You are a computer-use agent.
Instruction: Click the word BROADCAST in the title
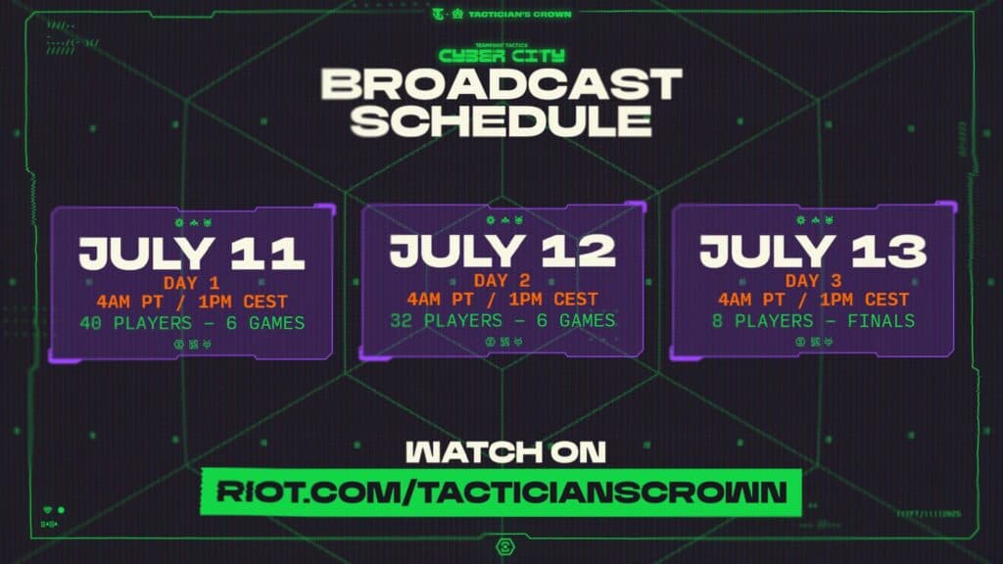pyautogui.click(x=501, y=84)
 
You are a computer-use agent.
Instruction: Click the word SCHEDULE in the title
pyautogui.click(x=501, y=120)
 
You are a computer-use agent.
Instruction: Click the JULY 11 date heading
pyautogui.click(x=192, y=253)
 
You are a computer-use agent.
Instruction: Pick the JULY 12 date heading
pyautogui.click(x=501, y=251)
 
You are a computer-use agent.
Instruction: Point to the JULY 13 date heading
pyautogui.click(x=812, y=253)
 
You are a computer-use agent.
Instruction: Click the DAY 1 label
pyautogui.click(x=192, y=281)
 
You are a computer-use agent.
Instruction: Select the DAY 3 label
pyautogui.click(x=812, y=281)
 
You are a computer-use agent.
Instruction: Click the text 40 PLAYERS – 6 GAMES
pyautogui.click(x=192, y=321)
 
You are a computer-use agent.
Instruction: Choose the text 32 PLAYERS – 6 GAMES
pyautogui.click(x=501, y=320)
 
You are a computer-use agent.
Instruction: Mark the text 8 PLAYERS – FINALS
pyautogui.click(x=812, y=321)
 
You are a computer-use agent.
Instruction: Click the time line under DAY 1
pyautogui.click(x=192, y=300)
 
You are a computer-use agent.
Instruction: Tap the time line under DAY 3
pyautogui.click(x=812, y=300)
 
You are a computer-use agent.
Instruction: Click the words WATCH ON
pyautogui.click(x=501, y=451)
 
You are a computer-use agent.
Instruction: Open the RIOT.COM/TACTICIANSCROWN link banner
pyautogui.click(x=501, y=491)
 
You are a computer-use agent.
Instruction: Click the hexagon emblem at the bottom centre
pyautogui.click(x=501, y=545)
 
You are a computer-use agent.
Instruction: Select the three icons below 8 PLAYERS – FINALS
pyautogui.click(x=812, y=342)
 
